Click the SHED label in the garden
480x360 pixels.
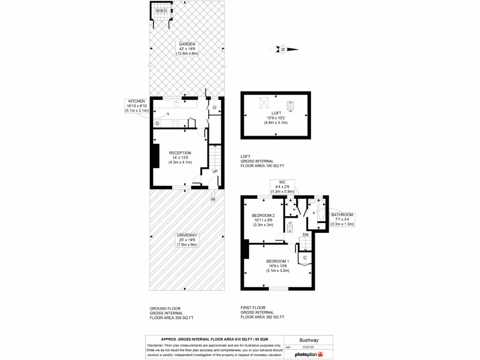(161, 11)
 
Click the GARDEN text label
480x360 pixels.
(187, 45)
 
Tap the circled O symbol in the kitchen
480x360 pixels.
(157, 123)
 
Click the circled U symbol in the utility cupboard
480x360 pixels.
(215, 108)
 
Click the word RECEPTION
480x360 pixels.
(180, 153)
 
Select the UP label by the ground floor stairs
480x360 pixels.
(215, 172)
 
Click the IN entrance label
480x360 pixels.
(213, 200)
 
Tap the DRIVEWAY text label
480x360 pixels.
(187, 235)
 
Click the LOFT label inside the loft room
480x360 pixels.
(276, 113)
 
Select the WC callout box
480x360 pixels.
(282, 187)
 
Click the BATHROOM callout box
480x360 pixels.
(342, 219)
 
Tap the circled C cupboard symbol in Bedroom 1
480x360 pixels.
(305, 258)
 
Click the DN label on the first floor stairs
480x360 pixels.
(305, 234)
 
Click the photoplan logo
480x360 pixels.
(309, 355)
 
